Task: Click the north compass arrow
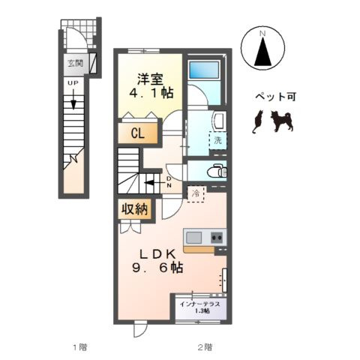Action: click(262, 51)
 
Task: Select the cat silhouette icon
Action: click(258, 121)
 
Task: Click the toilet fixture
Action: click(216, 170)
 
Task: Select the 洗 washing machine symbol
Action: click(217, 139)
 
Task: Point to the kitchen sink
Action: click(193, 238)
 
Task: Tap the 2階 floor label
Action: click(203, 346)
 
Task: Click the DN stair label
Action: click(169, 181)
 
